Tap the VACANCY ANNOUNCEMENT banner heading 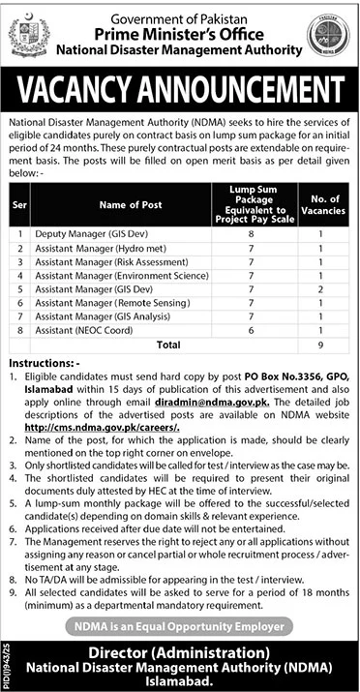179,90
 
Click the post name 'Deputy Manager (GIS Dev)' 77,234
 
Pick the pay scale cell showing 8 249,234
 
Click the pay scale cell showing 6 249,329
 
